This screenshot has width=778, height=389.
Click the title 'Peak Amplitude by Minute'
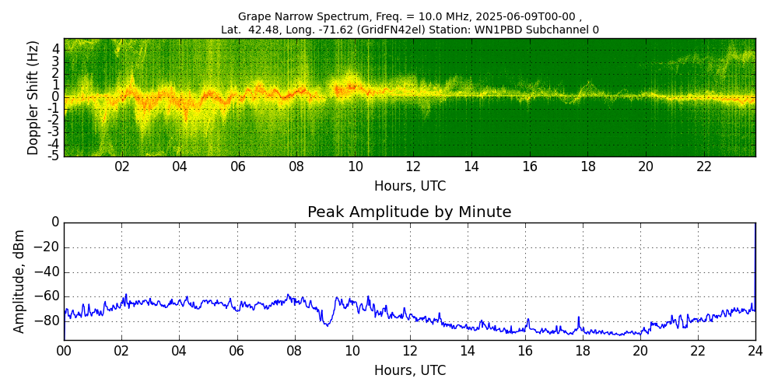click(409, 212)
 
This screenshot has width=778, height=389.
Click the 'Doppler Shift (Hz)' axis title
click(33, 97)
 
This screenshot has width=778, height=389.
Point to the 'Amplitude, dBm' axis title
click(19, 281)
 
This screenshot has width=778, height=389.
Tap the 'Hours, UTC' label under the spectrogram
click(409, 187)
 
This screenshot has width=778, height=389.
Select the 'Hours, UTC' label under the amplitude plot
click(409, 371)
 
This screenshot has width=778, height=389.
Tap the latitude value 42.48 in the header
click(272, 30)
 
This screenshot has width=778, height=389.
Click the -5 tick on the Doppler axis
click(54, 156)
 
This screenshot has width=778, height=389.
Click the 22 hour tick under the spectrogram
click(704, 166)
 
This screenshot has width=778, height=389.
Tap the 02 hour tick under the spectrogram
click(122, 166)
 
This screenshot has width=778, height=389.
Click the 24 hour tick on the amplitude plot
click(755, 351)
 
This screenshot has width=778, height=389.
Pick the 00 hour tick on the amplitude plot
click(64, 351)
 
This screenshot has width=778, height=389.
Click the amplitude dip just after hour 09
click(327, 324)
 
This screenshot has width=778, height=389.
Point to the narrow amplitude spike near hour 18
click(579, 318)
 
